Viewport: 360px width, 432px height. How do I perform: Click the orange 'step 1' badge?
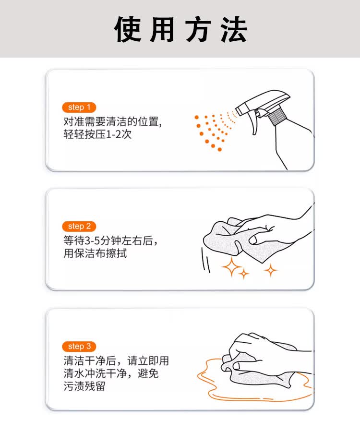pyautogui.click(x=79, y=107)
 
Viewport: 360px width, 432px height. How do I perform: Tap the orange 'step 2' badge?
pyautogui.click(x=79, y=226)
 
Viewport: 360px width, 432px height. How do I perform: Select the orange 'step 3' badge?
pyautogui.click(x=79, y=346)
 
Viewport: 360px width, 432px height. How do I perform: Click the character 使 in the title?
pyautogui.click(x=128, y=30)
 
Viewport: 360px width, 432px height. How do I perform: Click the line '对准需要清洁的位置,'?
pyautogui.click(x=113, y=121)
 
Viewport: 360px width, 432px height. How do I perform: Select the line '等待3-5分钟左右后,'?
pyautogui.click(x=110, y=240)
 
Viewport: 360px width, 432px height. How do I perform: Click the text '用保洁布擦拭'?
pyautogui.click(x=95, y=253)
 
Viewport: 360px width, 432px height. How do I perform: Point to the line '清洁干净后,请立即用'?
pyautogui.click(x=116, y=360)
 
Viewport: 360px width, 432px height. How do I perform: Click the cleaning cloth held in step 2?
pyautogui.click(x=226, y=240)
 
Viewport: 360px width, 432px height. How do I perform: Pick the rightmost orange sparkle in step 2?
pyautogui.click(x=271, y=270)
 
